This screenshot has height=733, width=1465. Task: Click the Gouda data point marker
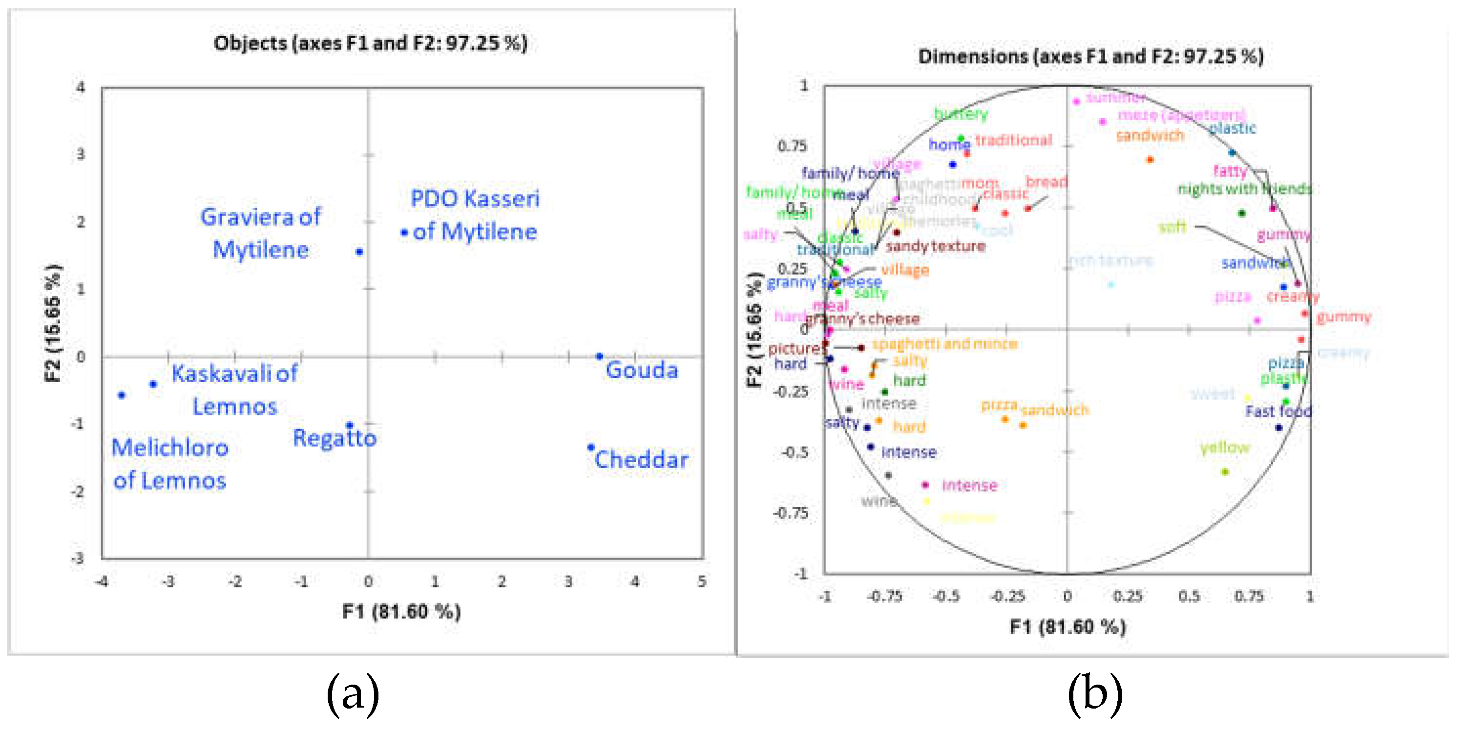pos(599,357)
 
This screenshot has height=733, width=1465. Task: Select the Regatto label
pos(335,438)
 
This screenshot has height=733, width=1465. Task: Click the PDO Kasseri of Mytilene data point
pos(404,233)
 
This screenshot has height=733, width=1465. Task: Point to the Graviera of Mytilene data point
pos(359,252)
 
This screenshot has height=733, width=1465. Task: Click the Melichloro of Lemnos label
pos(169,464)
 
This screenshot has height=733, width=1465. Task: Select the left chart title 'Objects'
pos(370,43)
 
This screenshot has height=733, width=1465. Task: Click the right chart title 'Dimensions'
pos(1090,56)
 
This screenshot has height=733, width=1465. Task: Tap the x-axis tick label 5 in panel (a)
pos(702,582)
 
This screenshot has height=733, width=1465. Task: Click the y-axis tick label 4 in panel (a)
pos(81,87)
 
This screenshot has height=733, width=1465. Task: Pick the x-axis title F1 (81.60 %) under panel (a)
pos(401,612)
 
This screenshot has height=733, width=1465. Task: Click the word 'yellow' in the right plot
pos(1224,448)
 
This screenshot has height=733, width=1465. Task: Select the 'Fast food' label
pos(1278,411)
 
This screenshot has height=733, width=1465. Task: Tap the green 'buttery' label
pos(961,114)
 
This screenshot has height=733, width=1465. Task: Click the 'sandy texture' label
pos(936,246)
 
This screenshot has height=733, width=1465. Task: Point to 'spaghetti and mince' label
pos(944,344)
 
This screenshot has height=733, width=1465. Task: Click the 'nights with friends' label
pos(1244,189)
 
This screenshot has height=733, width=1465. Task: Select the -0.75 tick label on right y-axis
pos(791,513)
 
